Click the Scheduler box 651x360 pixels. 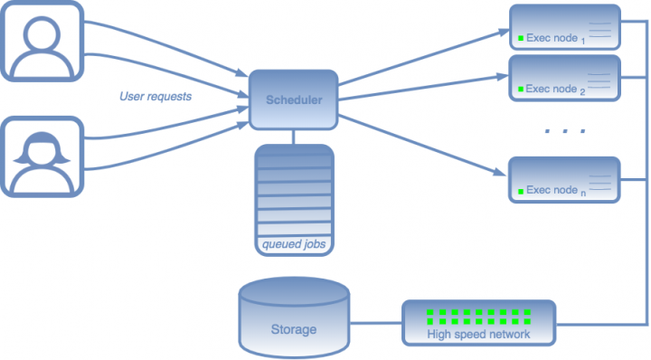(294, 99)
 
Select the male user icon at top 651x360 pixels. (41, 41)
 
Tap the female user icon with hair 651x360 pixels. (41, 155)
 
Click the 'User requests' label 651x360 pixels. (156, 96)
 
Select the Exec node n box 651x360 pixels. (564, 180)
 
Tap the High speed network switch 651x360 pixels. (478, 321)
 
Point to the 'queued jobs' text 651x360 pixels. (294, 243)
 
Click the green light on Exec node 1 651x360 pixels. (521, 38)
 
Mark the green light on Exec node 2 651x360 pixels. (521, 90)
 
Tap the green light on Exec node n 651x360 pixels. (521, 191)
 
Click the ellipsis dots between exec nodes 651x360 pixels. (565, 132)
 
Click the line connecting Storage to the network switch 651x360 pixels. (375, 321)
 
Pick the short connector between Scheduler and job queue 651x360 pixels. (294, 136)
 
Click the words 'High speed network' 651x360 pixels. (478, 335)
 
